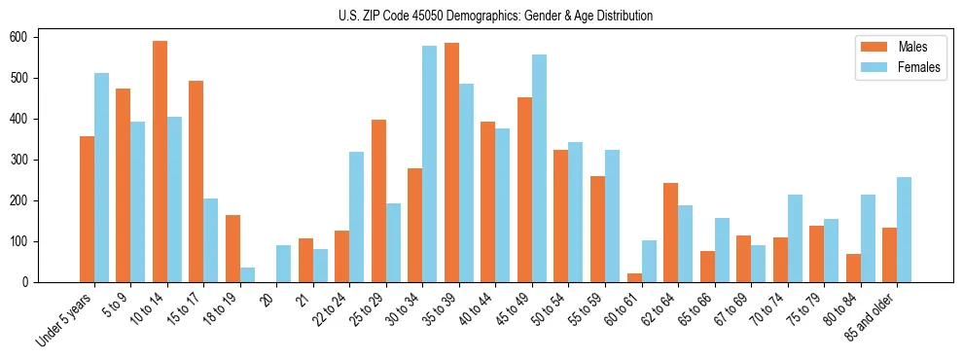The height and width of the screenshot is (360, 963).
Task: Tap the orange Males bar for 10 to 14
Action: point(160,162)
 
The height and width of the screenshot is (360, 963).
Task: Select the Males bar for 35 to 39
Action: point(451,162)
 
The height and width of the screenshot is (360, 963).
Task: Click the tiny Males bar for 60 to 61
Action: point(634,277)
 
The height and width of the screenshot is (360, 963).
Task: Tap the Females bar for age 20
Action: point(283,264)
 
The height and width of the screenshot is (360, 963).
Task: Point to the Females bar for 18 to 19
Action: point(247,274)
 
